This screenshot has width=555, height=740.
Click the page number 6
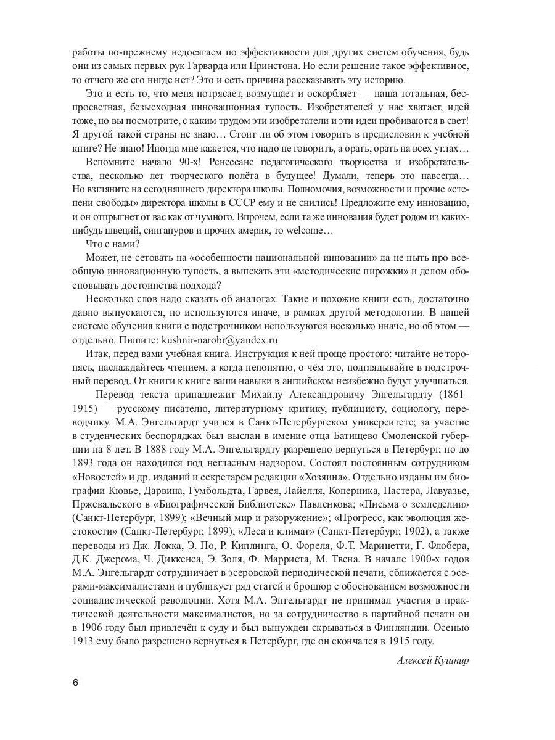tap(75, 683)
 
